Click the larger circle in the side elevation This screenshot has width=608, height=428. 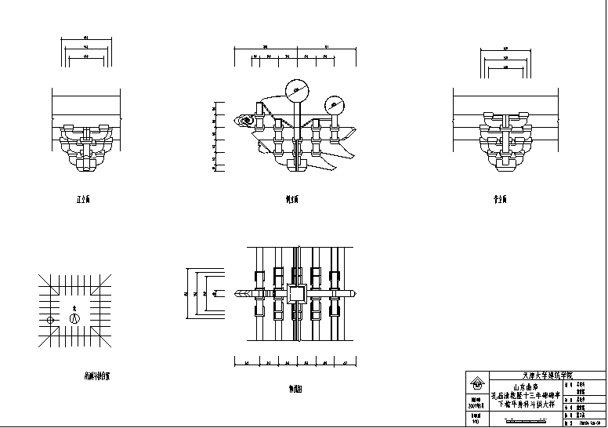coord(297,91)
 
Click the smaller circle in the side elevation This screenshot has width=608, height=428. coord(335,103)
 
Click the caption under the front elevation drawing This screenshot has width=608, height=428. coord(82,200)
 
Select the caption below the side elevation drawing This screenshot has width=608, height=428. coord(291,200)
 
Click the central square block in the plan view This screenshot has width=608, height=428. coord(296,294)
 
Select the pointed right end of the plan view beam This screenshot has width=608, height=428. coord(354,294)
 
